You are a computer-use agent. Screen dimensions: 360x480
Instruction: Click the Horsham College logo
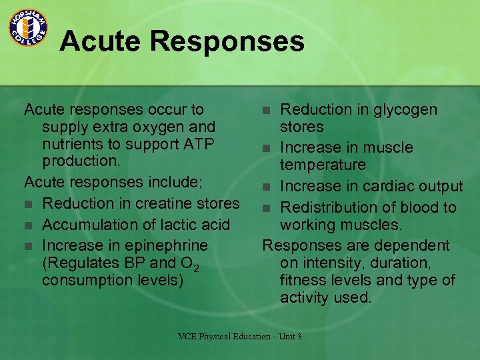[x=27, y=27]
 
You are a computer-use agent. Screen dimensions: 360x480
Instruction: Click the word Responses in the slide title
[x=227, y=42]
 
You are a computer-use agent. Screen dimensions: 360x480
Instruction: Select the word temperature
[x=323, y=164]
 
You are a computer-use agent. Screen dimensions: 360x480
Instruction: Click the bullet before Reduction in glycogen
[x=267, y=110]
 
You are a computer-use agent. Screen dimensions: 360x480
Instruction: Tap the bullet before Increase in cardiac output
[x=267, y=186]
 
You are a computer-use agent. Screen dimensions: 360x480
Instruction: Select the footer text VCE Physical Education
[x=224, y=337]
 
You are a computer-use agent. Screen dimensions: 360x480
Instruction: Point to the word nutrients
[x=71, y=143]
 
